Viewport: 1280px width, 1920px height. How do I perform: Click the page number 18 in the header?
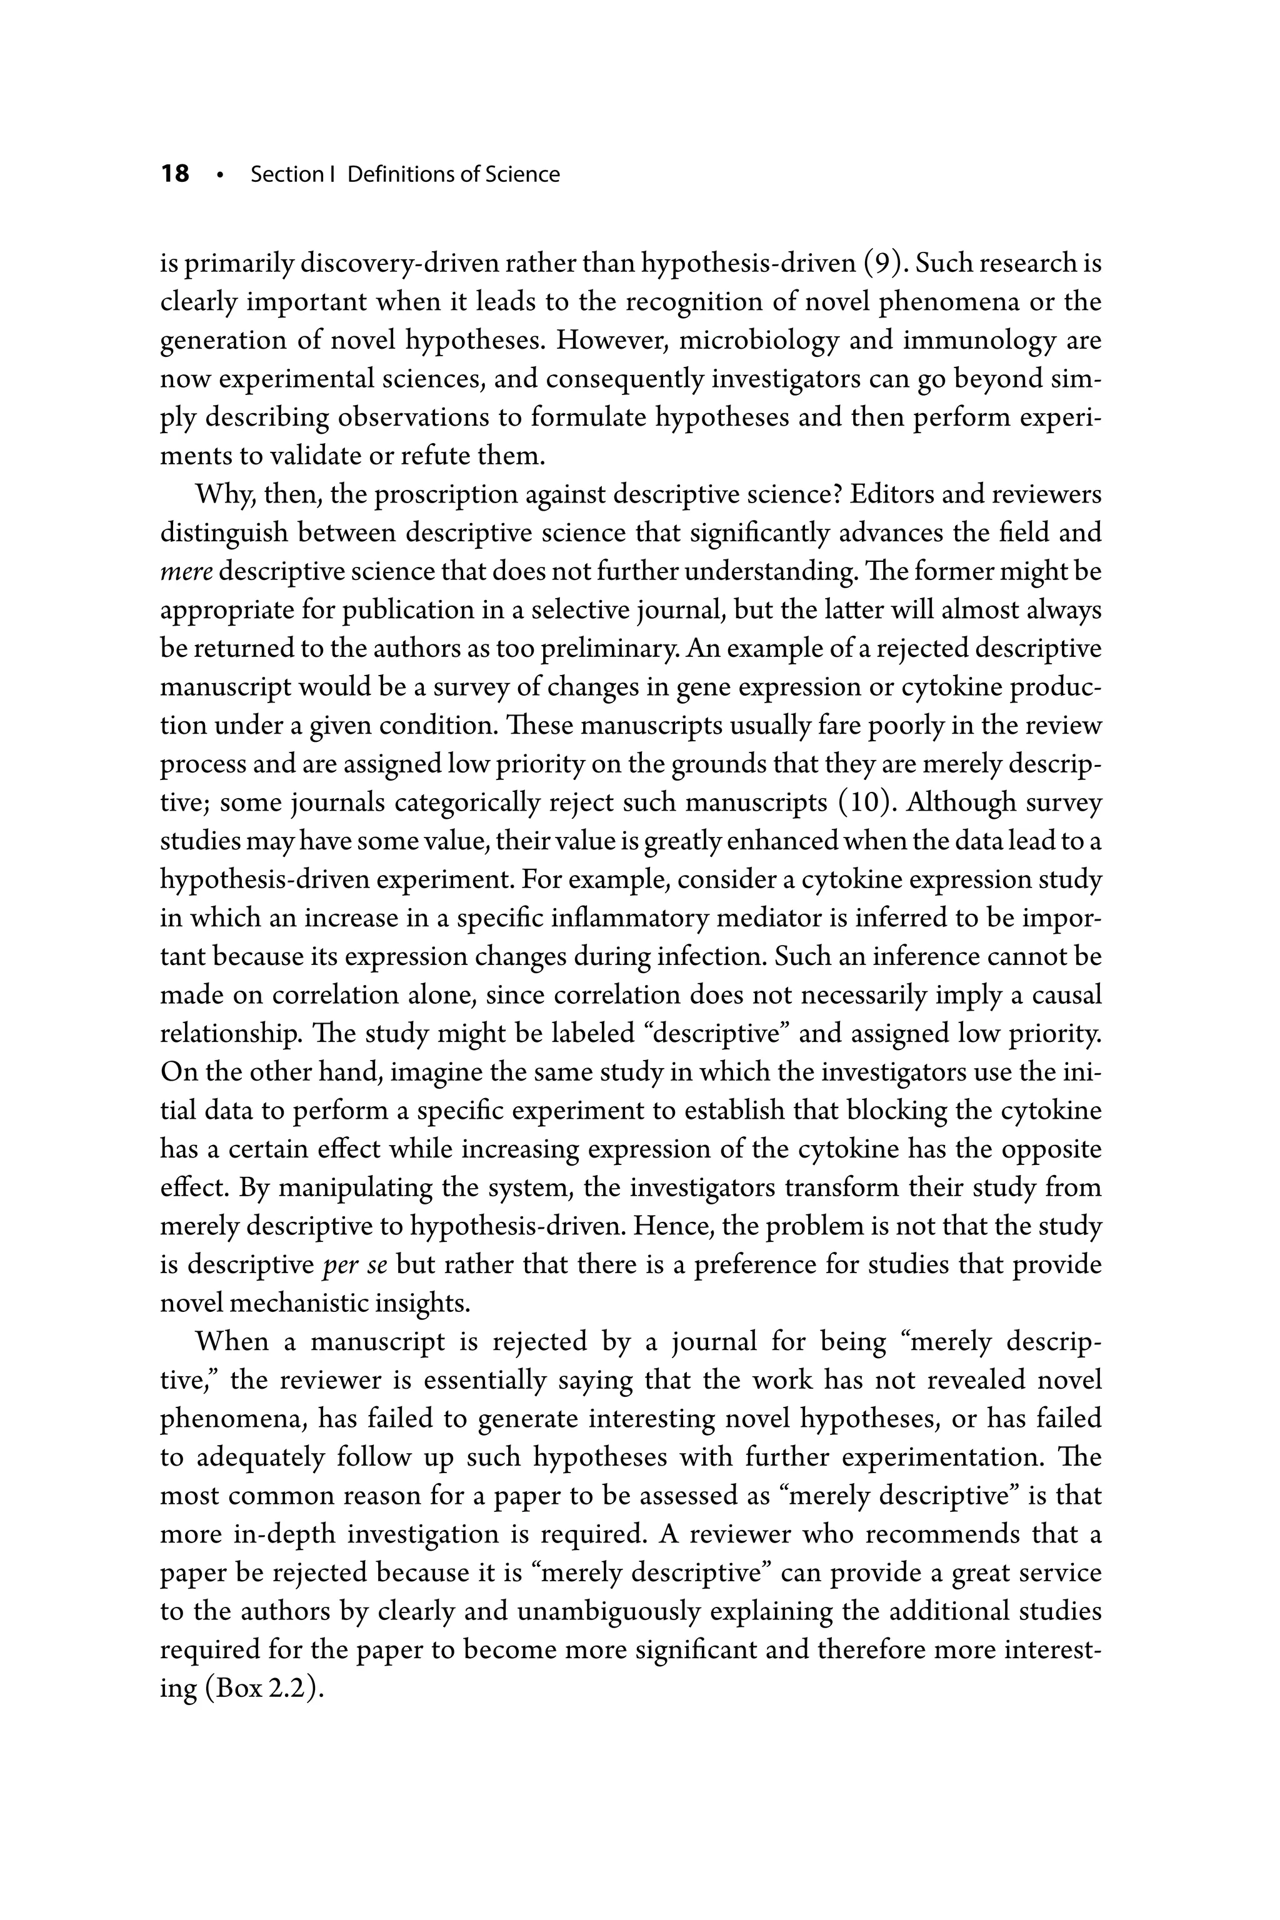[x=175, y=174]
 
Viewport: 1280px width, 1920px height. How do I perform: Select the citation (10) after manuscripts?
[x=867, y=802]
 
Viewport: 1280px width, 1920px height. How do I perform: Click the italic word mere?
[x=185, y=571]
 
